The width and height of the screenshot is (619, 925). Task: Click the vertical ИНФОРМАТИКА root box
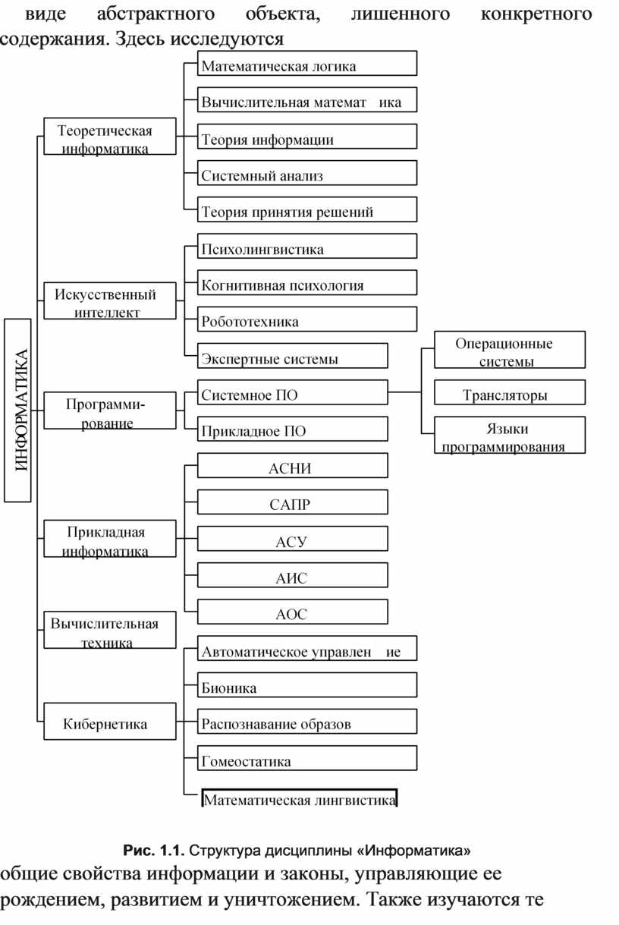click(x=17, y=410)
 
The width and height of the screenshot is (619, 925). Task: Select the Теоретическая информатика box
click(x=110, y=137)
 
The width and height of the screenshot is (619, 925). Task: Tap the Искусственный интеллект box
click(x=110, y=300)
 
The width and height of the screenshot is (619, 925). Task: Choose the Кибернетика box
click(x=110, y=721)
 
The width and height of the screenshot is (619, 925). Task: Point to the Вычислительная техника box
click(x=110, y=630)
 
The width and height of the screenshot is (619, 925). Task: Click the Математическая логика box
click(x=306, y=63)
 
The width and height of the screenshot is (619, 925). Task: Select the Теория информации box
click(x=306, y=137)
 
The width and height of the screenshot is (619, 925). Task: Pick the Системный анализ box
click(x=306, y=172)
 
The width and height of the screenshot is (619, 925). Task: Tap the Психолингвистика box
click(x=306, y=246)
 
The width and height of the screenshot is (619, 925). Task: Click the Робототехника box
click(x=306, y=319)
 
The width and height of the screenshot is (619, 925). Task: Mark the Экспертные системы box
click(x=292, y=356)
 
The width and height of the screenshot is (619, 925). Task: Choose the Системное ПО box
click(x=292, y=392)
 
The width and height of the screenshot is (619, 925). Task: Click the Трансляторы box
click(x=510, y=392)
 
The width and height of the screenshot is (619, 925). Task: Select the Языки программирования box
click(x=510, y=435)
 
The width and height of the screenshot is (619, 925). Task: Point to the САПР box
click(x=292, y=502)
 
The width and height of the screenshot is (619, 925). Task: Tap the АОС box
click(x=292, y=612)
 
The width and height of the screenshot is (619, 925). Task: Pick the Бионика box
click(x=306, y=684)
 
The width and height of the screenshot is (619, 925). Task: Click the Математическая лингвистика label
click(x=300, y=801)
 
